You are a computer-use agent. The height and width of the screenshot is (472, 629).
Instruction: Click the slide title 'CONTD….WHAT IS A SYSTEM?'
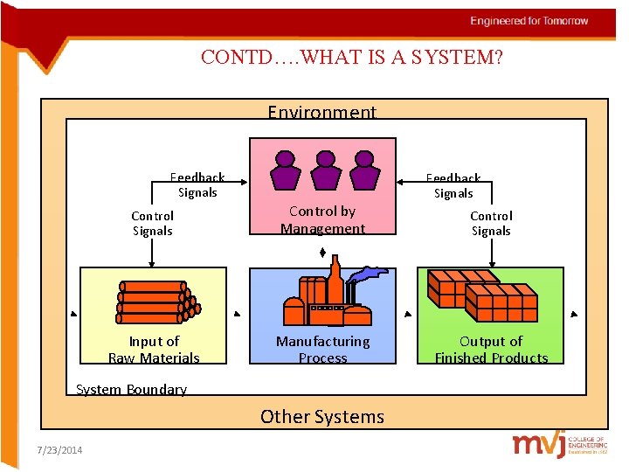click(x=351, y=58)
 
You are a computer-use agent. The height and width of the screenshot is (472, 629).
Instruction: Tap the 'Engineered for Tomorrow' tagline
click(x=529, y=21)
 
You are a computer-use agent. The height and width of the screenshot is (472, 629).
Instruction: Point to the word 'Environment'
click(x=321, y=112)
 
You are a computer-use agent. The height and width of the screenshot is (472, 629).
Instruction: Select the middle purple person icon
click(x=325, y=170)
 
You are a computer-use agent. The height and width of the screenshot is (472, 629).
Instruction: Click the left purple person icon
click(x=286, y=170)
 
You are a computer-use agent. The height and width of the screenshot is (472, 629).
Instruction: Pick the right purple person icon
click(x=364, y=170)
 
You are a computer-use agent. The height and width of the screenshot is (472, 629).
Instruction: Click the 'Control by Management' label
click(x=322, y=220)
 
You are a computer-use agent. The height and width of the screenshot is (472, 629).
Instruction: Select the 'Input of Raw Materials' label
click(x=154, y=350)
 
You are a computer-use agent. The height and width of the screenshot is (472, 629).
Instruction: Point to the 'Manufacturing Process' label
click(x=322, y=350)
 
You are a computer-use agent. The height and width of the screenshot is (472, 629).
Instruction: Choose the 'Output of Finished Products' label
click(x=491, y=350)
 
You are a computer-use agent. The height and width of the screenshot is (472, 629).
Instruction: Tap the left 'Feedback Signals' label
click(x=197, y=184)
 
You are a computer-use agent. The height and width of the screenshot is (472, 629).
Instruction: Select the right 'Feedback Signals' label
click(x=453, y=185)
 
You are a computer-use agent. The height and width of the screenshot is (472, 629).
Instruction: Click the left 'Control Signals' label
click(x=153, y=223)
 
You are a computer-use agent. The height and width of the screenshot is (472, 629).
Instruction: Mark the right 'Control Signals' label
click(x=491, y=223)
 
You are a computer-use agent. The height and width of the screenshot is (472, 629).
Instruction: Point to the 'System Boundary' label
click(x=131, y=390)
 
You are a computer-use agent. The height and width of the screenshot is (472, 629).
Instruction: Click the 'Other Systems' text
click(x=322, y=417)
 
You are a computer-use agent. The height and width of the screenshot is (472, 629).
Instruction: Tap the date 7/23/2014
click(x=60, y=450)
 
